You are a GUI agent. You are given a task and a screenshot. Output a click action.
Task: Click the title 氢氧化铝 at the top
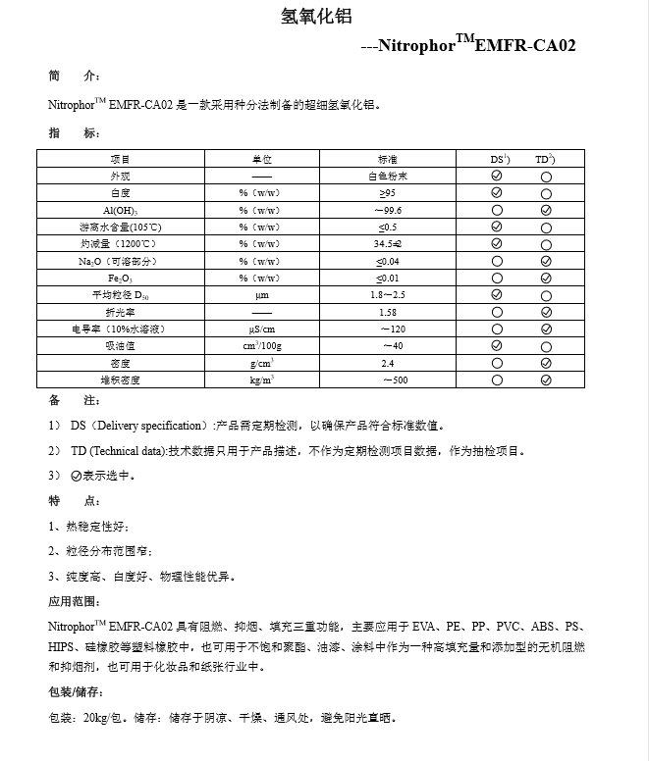pyautogui.click(x=316, y=17)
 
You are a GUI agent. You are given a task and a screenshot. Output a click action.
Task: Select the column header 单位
pyautogui.click(x=261, y=159)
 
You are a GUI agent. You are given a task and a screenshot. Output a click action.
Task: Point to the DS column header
pyautogui.click(x=499, y=159)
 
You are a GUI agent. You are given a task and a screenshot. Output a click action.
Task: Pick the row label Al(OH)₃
pyautogui.click(x=120, y=210)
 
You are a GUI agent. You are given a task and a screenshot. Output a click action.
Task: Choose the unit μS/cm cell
pyautogui.click(x=261, y=329)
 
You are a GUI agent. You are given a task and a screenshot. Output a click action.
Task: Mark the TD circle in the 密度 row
pyautogui.click(x=546, y=363)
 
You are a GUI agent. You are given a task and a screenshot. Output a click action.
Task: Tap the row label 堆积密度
pyautogui.click(x=120, y=380)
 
